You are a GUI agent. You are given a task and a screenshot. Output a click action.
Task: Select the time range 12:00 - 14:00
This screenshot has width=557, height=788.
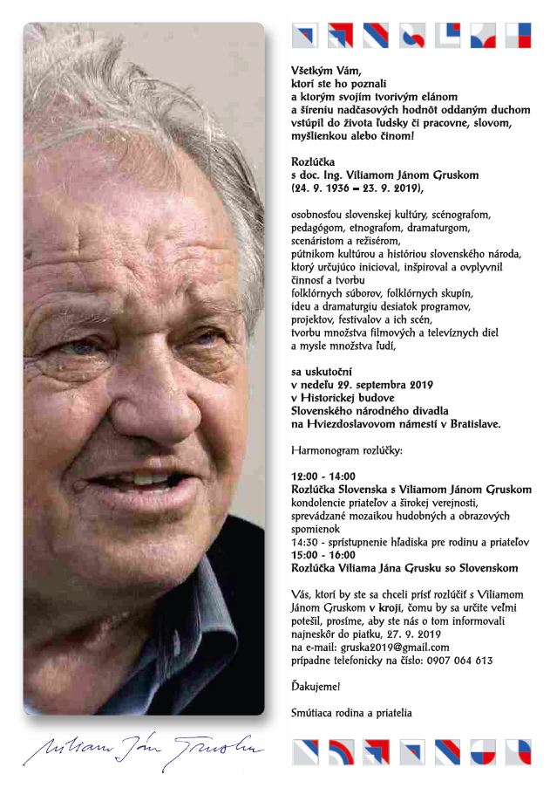click(x=324, y=477)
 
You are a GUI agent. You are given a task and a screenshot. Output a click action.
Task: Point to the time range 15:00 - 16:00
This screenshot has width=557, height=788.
click(x=324, y=555)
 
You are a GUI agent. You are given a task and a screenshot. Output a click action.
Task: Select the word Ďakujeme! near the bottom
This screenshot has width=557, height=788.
click(x=316, y=687)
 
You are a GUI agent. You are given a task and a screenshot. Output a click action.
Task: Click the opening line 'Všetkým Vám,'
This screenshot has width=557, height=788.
click(x=324, y=69)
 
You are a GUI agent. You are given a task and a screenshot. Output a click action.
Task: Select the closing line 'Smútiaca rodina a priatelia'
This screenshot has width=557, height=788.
click(x=351, y=713)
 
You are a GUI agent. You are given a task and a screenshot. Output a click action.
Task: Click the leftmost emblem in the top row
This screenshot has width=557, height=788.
click(x=304, y=35)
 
